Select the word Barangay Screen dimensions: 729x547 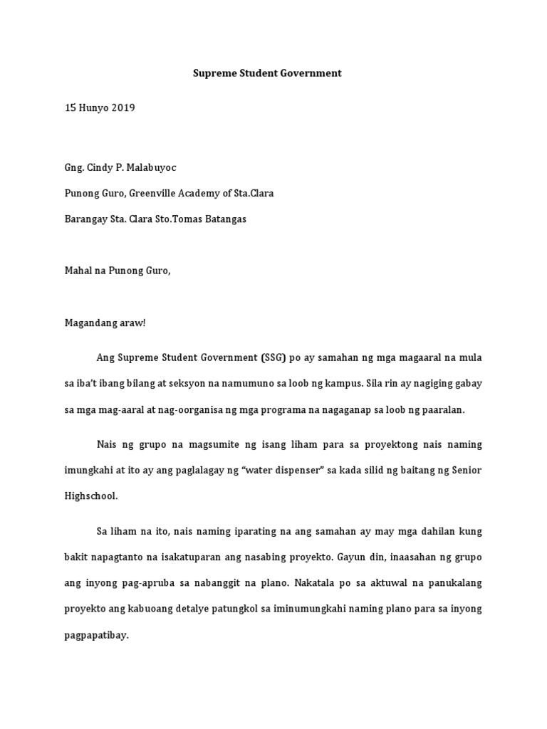point(85,219)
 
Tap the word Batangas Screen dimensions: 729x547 point(223,219)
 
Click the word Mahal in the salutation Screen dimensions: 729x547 point(77,271)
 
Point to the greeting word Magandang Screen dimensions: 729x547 point(89,322)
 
